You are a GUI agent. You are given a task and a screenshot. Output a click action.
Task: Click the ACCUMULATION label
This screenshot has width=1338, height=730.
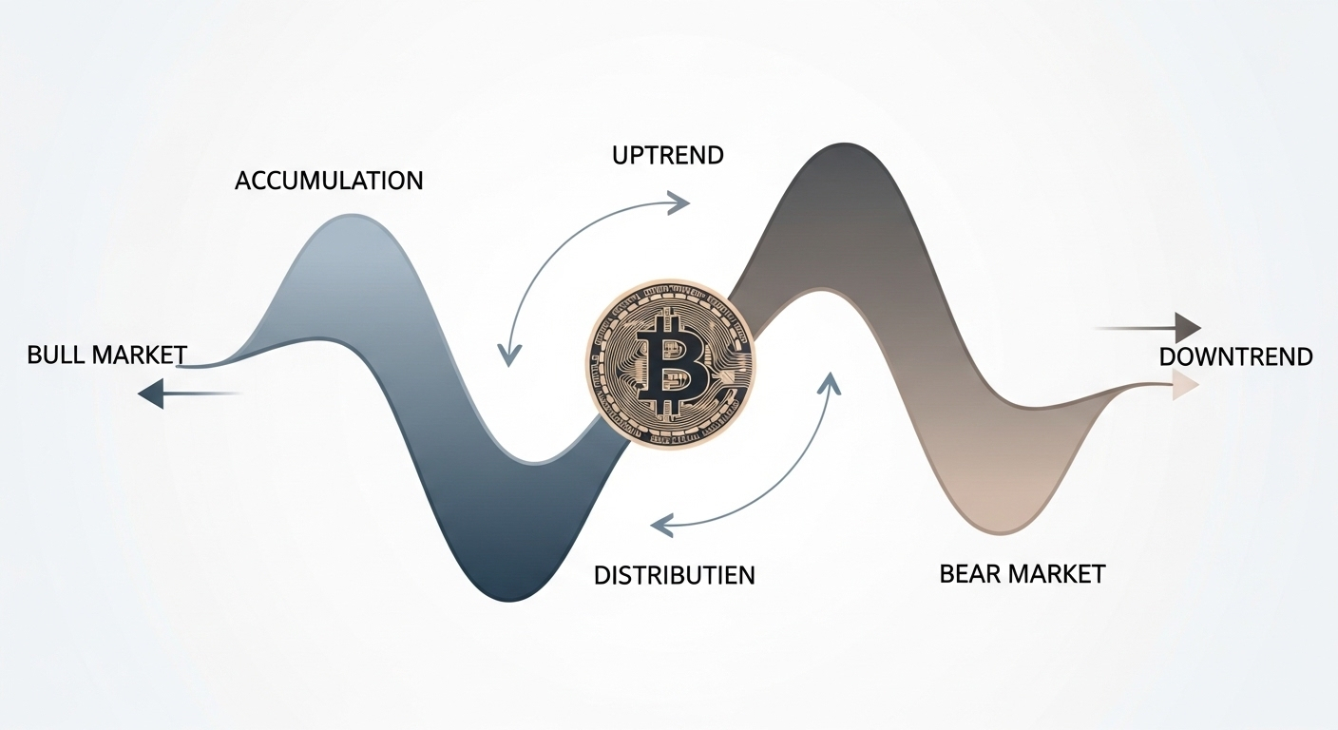click(329, 181)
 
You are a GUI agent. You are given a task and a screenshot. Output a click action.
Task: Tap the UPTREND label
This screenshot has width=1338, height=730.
click(668, 154)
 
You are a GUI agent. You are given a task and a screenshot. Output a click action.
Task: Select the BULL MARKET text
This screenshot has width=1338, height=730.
click(107, 355)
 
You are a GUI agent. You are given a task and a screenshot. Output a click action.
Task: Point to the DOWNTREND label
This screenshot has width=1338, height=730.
click(1235, 356)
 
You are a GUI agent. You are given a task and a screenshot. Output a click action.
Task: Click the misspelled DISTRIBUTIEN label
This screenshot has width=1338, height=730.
click(674, 575)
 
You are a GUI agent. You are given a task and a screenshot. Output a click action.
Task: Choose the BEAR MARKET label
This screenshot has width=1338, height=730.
click(1022, 574)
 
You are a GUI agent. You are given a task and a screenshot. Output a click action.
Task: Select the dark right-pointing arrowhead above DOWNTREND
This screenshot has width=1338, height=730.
click(1188, 328)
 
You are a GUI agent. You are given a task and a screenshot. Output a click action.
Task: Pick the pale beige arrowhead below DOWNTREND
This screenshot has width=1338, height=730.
click(1185, 385)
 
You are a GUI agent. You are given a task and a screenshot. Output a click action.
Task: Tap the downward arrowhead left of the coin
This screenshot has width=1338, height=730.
click(510, 355)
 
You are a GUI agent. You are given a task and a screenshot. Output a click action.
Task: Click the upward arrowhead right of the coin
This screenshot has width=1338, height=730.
click(831, 382)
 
